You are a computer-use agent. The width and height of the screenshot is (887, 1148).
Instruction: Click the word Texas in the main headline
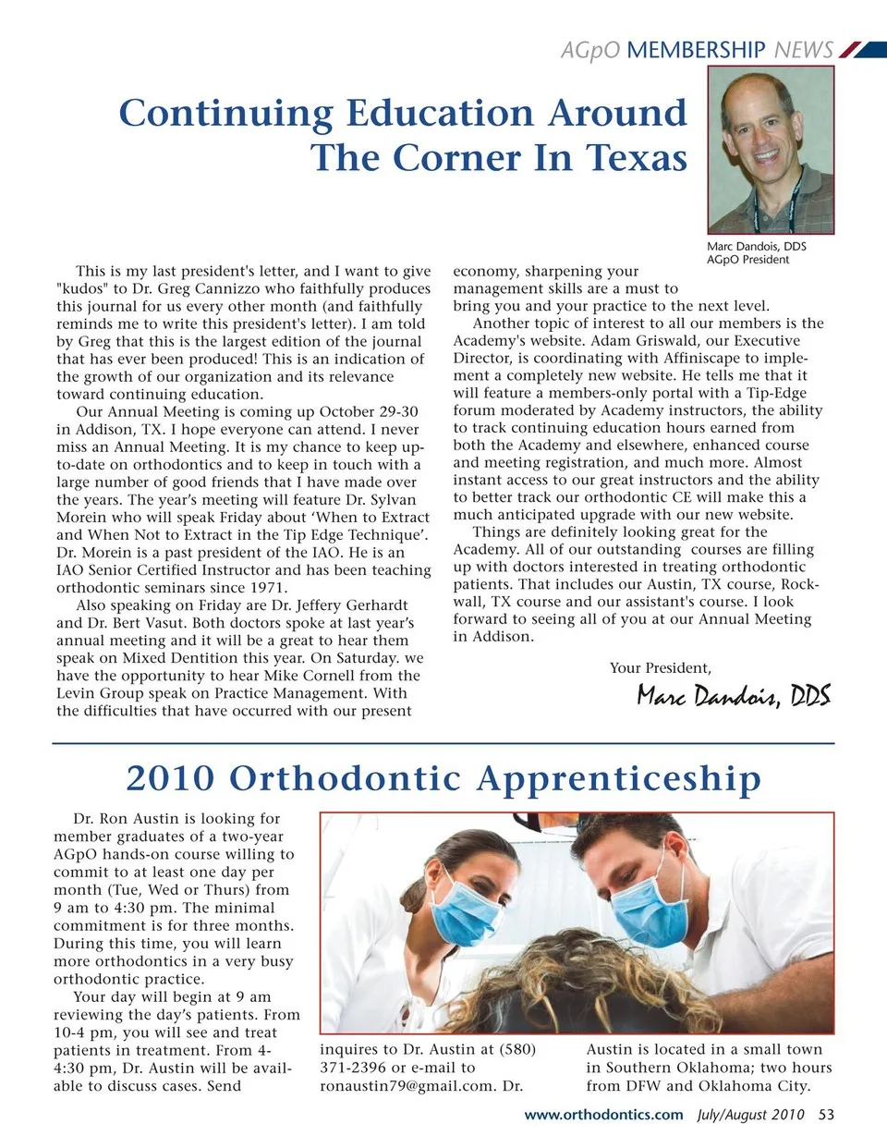637,157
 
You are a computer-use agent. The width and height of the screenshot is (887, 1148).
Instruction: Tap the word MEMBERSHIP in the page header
696,50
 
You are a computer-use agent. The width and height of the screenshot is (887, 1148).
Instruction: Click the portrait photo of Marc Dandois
771,150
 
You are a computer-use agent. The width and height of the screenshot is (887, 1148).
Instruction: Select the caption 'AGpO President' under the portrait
747,260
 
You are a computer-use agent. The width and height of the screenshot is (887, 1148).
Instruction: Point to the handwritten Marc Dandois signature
734,695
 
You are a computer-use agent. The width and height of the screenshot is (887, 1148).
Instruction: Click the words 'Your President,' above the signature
661,668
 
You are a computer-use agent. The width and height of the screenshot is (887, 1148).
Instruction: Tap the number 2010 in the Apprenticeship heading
169,778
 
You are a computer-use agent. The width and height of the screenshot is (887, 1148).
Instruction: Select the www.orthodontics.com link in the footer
603,1115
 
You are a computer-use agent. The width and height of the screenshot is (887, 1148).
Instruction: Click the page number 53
826,1115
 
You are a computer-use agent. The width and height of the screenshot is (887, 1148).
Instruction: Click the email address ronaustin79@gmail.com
408,1086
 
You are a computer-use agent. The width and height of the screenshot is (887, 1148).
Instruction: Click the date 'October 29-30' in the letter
369,412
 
